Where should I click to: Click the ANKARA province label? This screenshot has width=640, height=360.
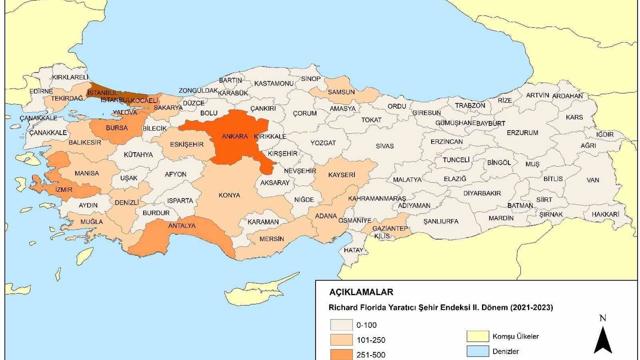[x=235, y=136]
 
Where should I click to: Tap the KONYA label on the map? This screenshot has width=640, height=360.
[x=229, y=195]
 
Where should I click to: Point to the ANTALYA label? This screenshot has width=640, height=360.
[x=182, y=226]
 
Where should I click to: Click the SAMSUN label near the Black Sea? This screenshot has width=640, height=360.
[x=341, y=92]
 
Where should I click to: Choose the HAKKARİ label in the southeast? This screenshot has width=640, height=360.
[x=605, y=214]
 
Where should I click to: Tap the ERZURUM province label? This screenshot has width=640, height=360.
[x=522, y=133]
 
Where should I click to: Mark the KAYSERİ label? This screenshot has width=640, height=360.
[x=341, y=175]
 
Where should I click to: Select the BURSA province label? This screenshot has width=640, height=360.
[x=116, y=128]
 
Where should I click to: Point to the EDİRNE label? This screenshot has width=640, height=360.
[x=41, y=91]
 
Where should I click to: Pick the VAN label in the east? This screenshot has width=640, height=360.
[x=593, y=180]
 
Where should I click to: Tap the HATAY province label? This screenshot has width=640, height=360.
[x=353, y=250]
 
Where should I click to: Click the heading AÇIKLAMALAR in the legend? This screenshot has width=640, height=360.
[x=361, y=292]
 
